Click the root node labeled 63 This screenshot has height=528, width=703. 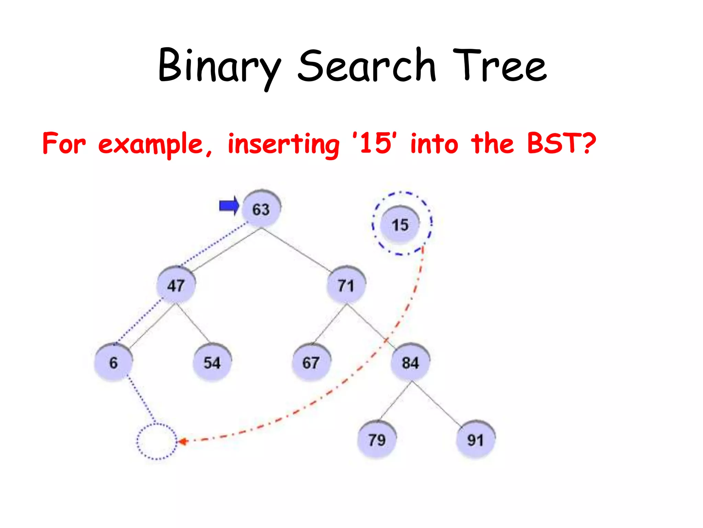click(261, 209)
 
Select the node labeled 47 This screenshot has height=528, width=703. click(176, 285)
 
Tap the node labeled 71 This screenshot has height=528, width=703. click(346, 285)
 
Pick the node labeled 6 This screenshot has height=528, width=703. click(113, 362)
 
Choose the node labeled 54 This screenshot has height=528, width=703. click(212, 362)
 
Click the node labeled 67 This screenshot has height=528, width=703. click(311, 362)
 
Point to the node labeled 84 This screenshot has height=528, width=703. click(410, 362)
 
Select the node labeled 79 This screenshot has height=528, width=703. click(377, 440)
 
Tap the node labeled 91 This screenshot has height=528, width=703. click(475, 440)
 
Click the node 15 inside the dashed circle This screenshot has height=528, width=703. click(400, 225)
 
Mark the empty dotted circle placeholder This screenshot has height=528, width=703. click(157, 441)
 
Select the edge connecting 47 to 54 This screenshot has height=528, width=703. click(193, 324)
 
